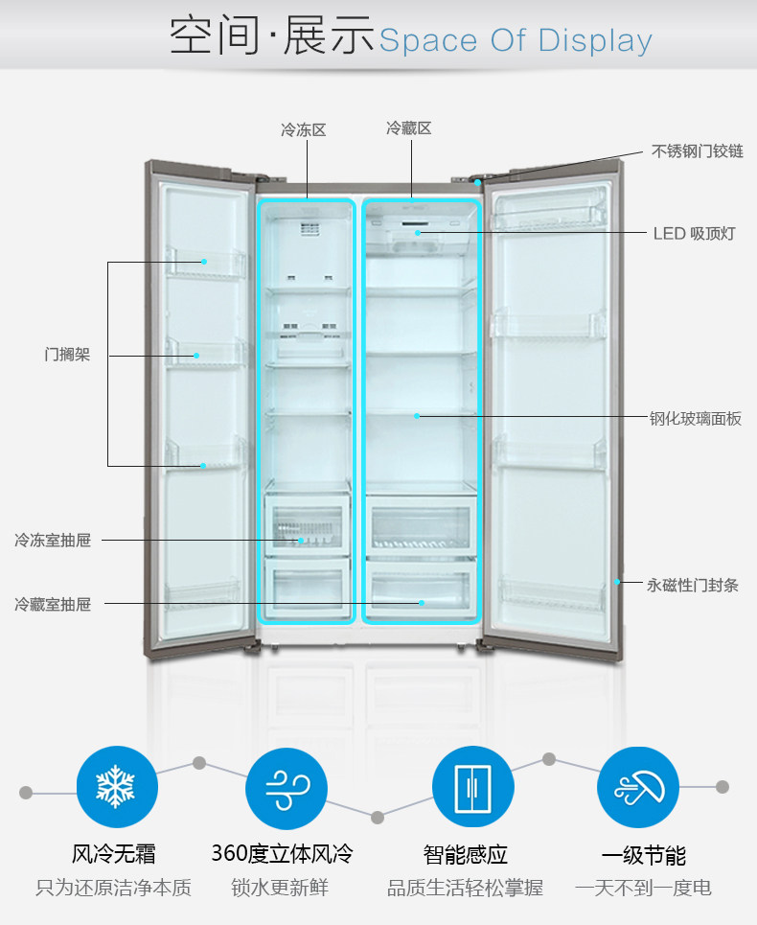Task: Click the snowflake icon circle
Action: (116, 789)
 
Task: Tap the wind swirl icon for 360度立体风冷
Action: (286, 789)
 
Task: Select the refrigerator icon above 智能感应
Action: (472, 789)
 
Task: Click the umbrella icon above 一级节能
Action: (637, 789)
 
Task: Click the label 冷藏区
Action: (409, 127)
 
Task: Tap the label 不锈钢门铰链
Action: (698, 151)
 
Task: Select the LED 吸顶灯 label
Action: (694, 233)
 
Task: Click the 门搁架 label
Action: (67, 355)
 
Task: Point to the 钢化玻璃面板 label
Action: (695, 419)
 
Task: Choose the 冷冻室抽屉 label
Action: (53, 541)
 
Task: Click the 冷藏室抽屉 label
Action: (53, 605)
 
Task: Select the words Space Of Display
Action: (516, 41)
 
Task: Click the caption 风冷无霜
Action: (114, 854)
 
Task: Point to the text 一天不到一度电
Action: (643, 889)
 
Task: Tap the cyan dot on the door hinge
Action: (477, 182)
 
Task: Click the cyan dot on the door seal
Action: (618, 581)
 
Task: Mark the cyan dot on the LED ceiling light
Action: (418, 233)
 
